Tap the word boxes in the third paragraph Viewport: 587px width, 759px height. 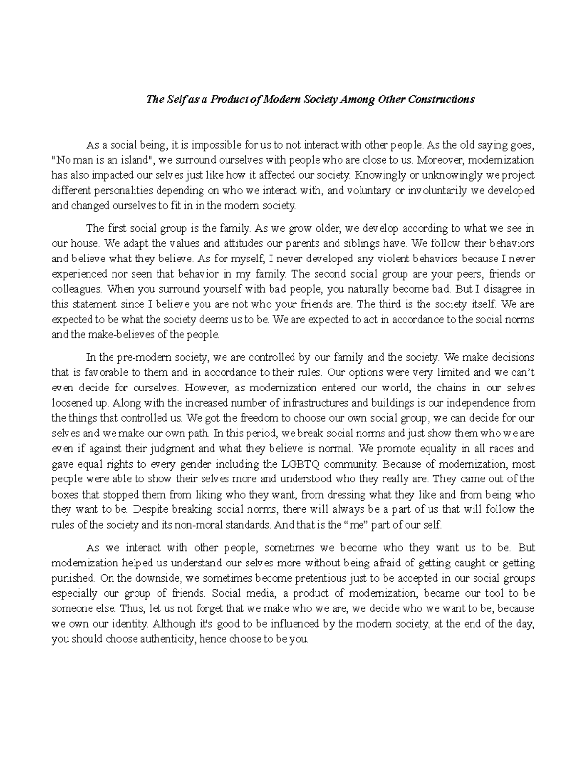64,494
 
